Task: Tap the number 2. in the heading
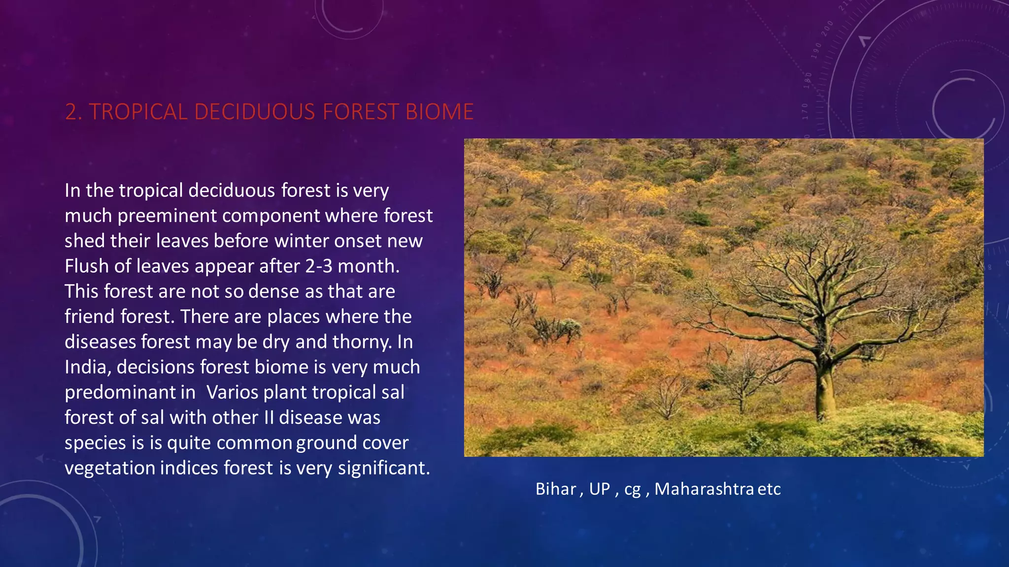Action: click(74, 112)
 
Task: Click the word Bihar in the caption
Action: click(555, 489)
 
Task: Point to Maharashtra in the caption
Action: click(704, 489)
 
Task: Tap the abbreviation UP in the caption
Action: click(599, 489)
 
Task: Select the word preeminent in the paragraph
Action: click(167, 216)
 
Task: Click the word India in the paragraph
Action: click(86, 367)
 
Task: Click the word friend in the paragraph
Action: click(90, 316)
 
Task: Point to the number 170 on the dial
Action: click(806, 111)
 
